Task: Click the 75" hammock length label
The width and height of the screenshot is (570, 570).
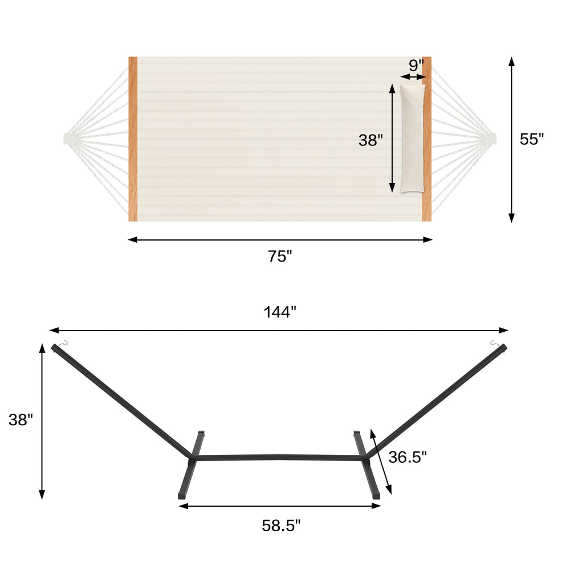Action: (280, 256)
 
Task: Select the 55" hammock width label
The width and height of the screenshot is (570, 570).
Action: (532, 139)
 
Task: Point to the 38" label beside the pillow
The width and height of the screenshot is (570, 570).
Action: (370, 140)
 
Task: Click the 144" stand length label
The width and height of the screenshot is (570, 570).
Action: (280, 312)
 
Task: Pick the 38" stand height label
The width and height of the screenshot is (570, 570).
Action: (21, 420)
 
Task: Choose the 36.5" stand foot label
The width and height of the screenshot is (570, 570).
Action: (408, 457)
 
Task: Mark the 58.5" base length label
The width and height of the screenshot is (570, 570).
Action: (281, 526)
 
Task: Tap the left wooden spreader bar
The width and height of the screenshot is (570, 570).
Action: (133, 139)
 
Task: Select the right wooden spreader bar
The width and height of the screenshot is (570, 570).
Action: (426, 139)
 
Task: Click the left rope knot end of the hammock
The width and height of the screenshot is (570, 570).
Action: (67, 138)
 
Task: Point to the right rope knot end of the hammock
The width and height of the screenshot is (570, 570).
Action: (492, 138)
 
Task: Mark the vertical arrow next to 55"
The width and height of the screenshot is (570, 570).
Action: (511, 139)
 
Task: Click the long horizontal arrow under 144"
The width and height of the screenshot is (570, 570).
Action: (279, 330)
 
